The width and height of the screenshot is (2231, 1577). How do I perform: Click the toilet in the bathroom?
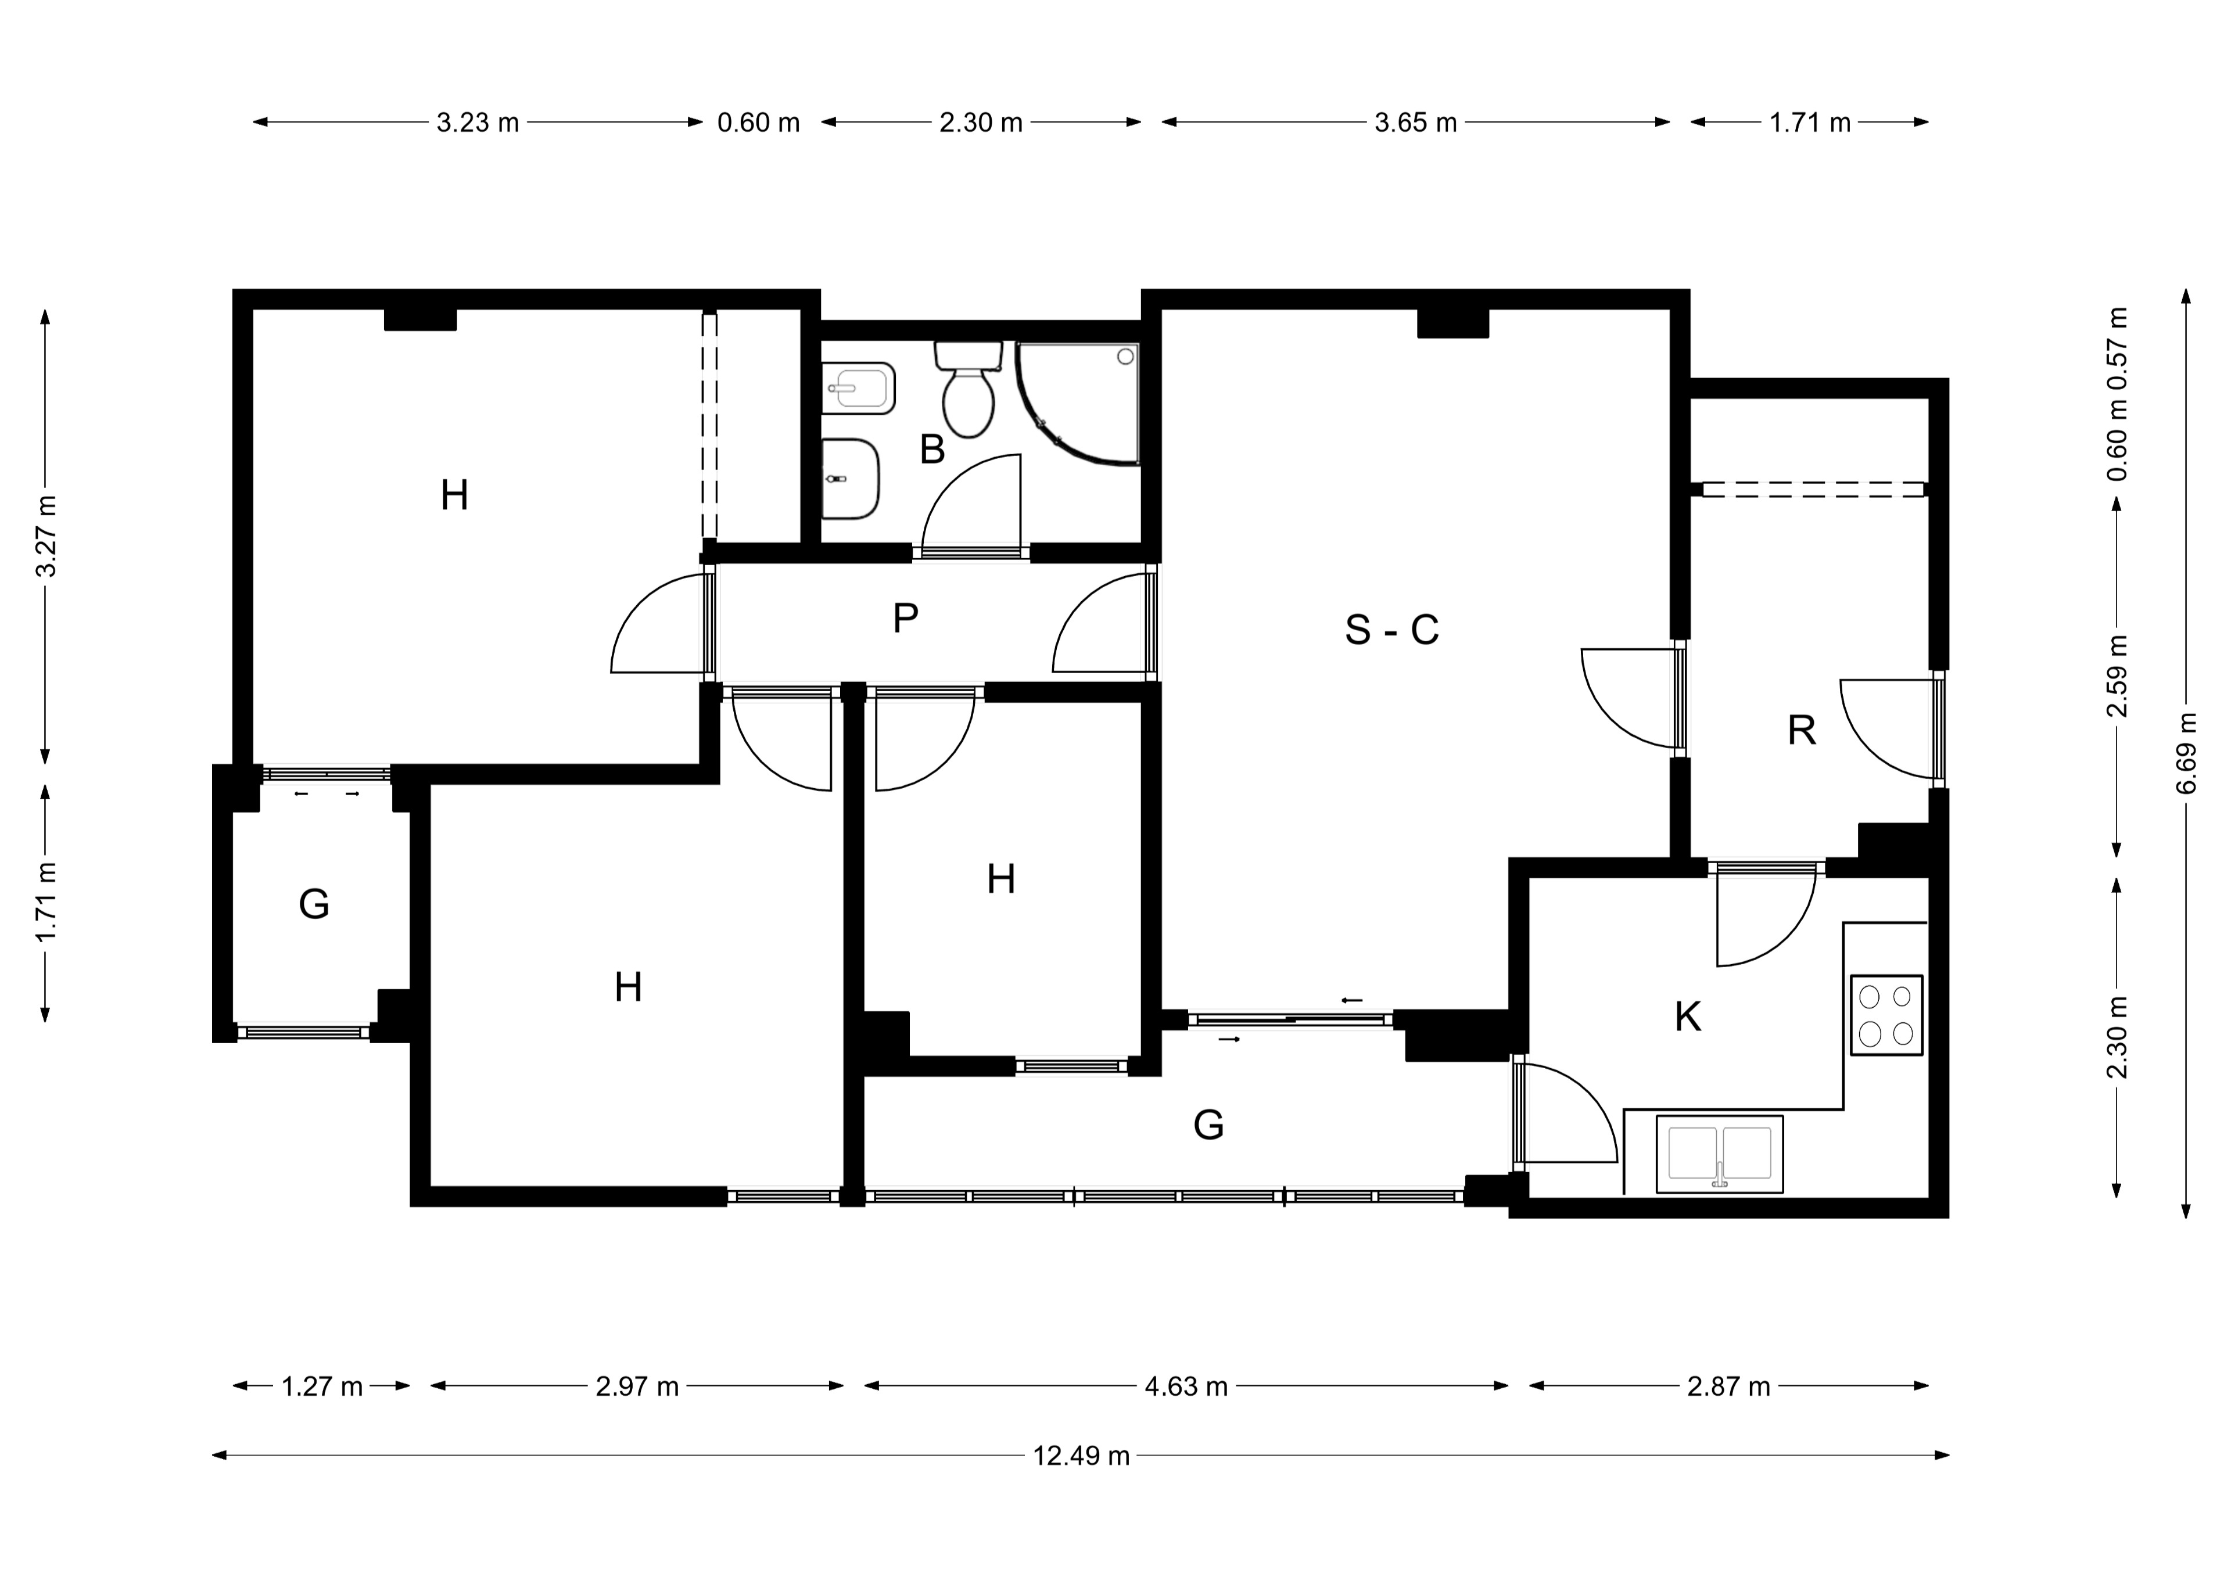click(969, 389)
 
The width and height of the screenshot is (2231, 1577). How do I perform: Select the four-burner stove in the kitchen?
click(1886, 1014)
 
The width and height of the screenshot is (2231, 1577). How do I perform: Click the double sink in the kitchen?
click(1720, 1154)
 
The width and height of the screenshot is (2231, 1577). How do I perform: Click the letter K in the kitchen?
click(1688, 1017)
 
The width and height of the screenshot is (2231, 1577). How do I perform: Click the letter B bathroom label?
click(932, 450)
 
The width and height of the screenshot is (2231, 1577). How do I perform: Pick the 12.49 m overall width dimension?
click(1081, 1456)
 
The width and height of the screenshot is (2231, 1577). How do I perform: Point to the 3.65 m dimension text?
click(1416, 123)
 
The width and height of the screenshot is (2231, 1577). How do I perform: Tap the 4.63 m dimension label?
click(1185, 1386)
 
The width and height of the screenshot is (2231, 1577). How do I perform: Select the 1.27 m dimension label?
click(322, 1386)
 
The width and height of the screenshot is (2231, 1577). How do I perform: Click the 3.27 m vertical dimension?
click(46, 536)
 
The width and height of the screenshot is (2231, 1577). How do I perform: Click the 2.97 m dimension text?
click(636, 1386)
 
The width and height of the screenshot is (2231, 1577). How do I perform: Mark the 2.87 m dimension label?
click(1728, 1386)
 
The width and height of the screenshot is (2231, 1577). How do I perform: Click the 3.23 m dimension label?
click(477, 123)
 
